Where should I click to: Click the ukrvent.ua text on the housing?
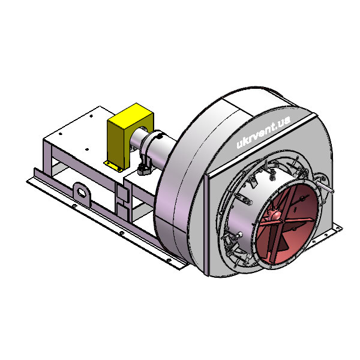(x=263, y=132)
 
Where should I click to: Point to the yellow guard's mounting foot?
(x=113, y=166)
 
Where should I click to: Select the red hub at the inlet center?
(x=275, y=215)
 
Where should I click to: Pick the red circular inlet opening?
(x=287, y=224)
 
